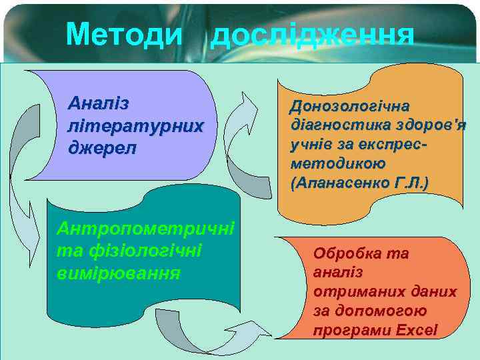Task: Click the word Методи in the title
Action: (x=123, y=35)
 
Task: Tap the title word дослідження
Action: (x=311, y=36)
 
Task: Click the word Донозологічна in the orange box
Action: (x=350, y=107)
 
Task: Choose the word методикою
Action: (x=329, y=163)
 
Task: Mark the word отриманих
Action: (x=347, y=292)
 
